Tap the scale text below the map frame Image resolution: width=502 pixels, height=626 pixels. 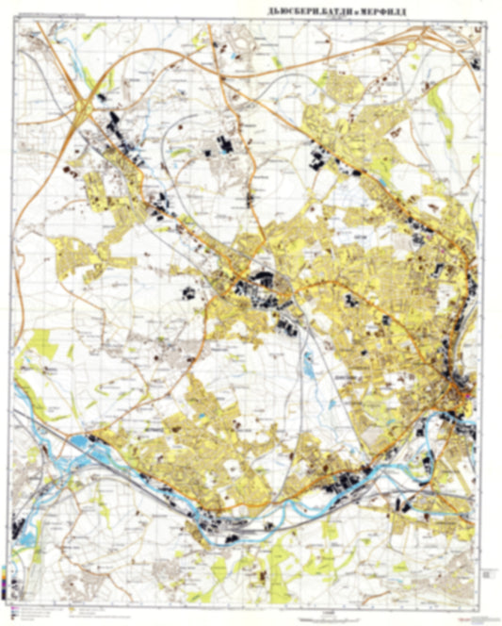coord(250,616)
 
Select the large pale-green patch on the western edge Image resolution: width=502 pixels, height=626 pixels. coord(40,344)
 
